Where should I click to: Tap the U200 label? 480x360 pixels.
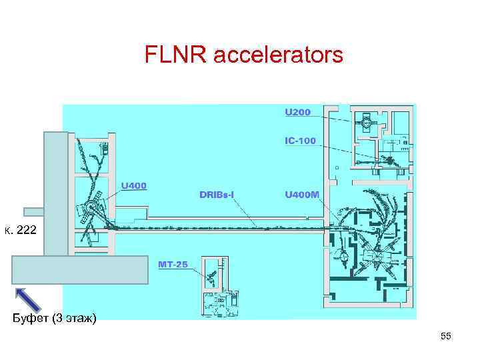pyautogui.click(x=297, y=112)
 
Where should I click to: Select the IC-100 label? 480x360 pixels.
pyautogui.click(x=300, y=141)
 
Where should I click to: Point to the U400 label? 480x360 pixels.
pyautogui.click(x=133, y=185)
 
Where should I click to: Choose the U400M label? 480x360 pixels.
pyautogui.click(x=302, y=195)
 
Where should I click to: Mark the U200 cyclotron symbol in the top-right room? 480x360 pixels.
pyautogui.click(x=366, y=122)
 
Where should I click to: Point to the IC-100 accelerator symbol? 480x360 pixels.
pyautogui.click(x=387, y=160)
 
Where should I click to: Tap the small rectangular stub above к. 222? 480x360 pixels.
pyautogui.click(x=33, y=212)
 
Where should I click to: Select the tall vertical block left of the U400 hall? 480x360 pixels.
pyautogui.click(x=55, y=193)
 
